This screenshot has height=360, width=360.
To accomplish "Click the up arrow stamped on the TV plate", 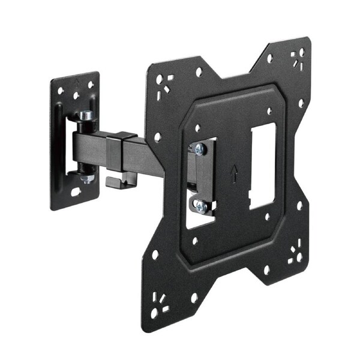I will [234, 173].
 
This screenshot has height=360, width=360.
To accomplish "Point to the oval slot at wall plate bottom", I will [76, 193].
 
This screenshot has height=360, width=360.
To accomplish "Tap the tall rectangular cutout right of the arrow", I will [262, 166].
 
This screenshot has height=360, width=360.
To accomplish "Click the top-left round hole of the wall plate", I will [61, 92].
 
